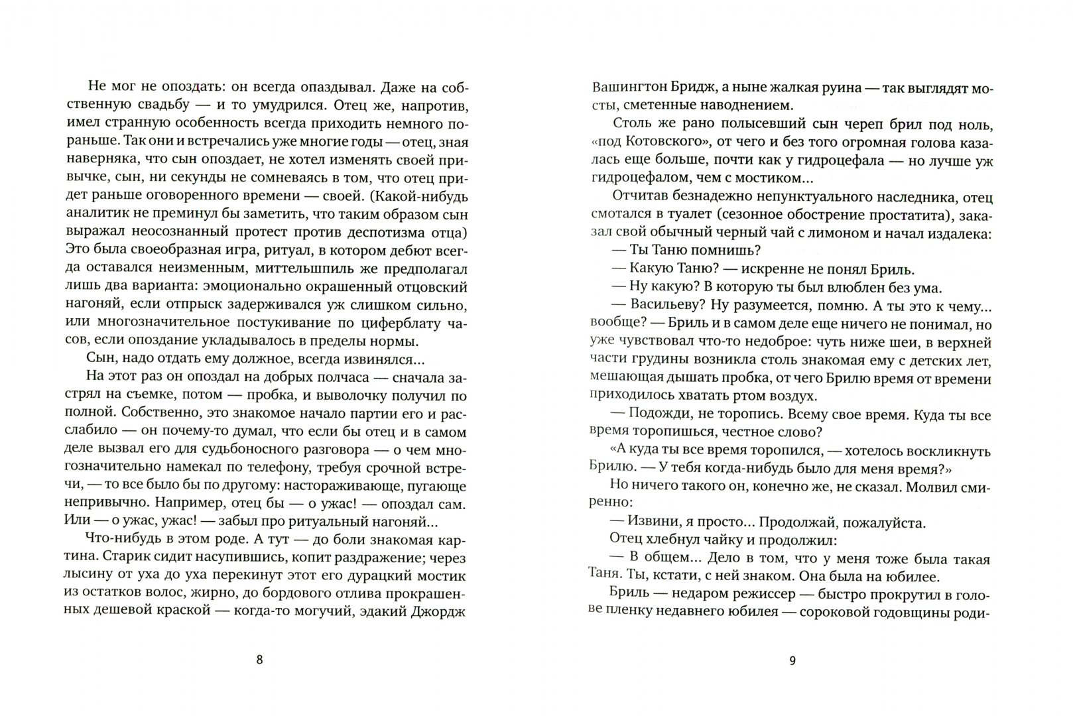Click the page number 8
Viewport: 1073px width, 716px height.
coord(259,660)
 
